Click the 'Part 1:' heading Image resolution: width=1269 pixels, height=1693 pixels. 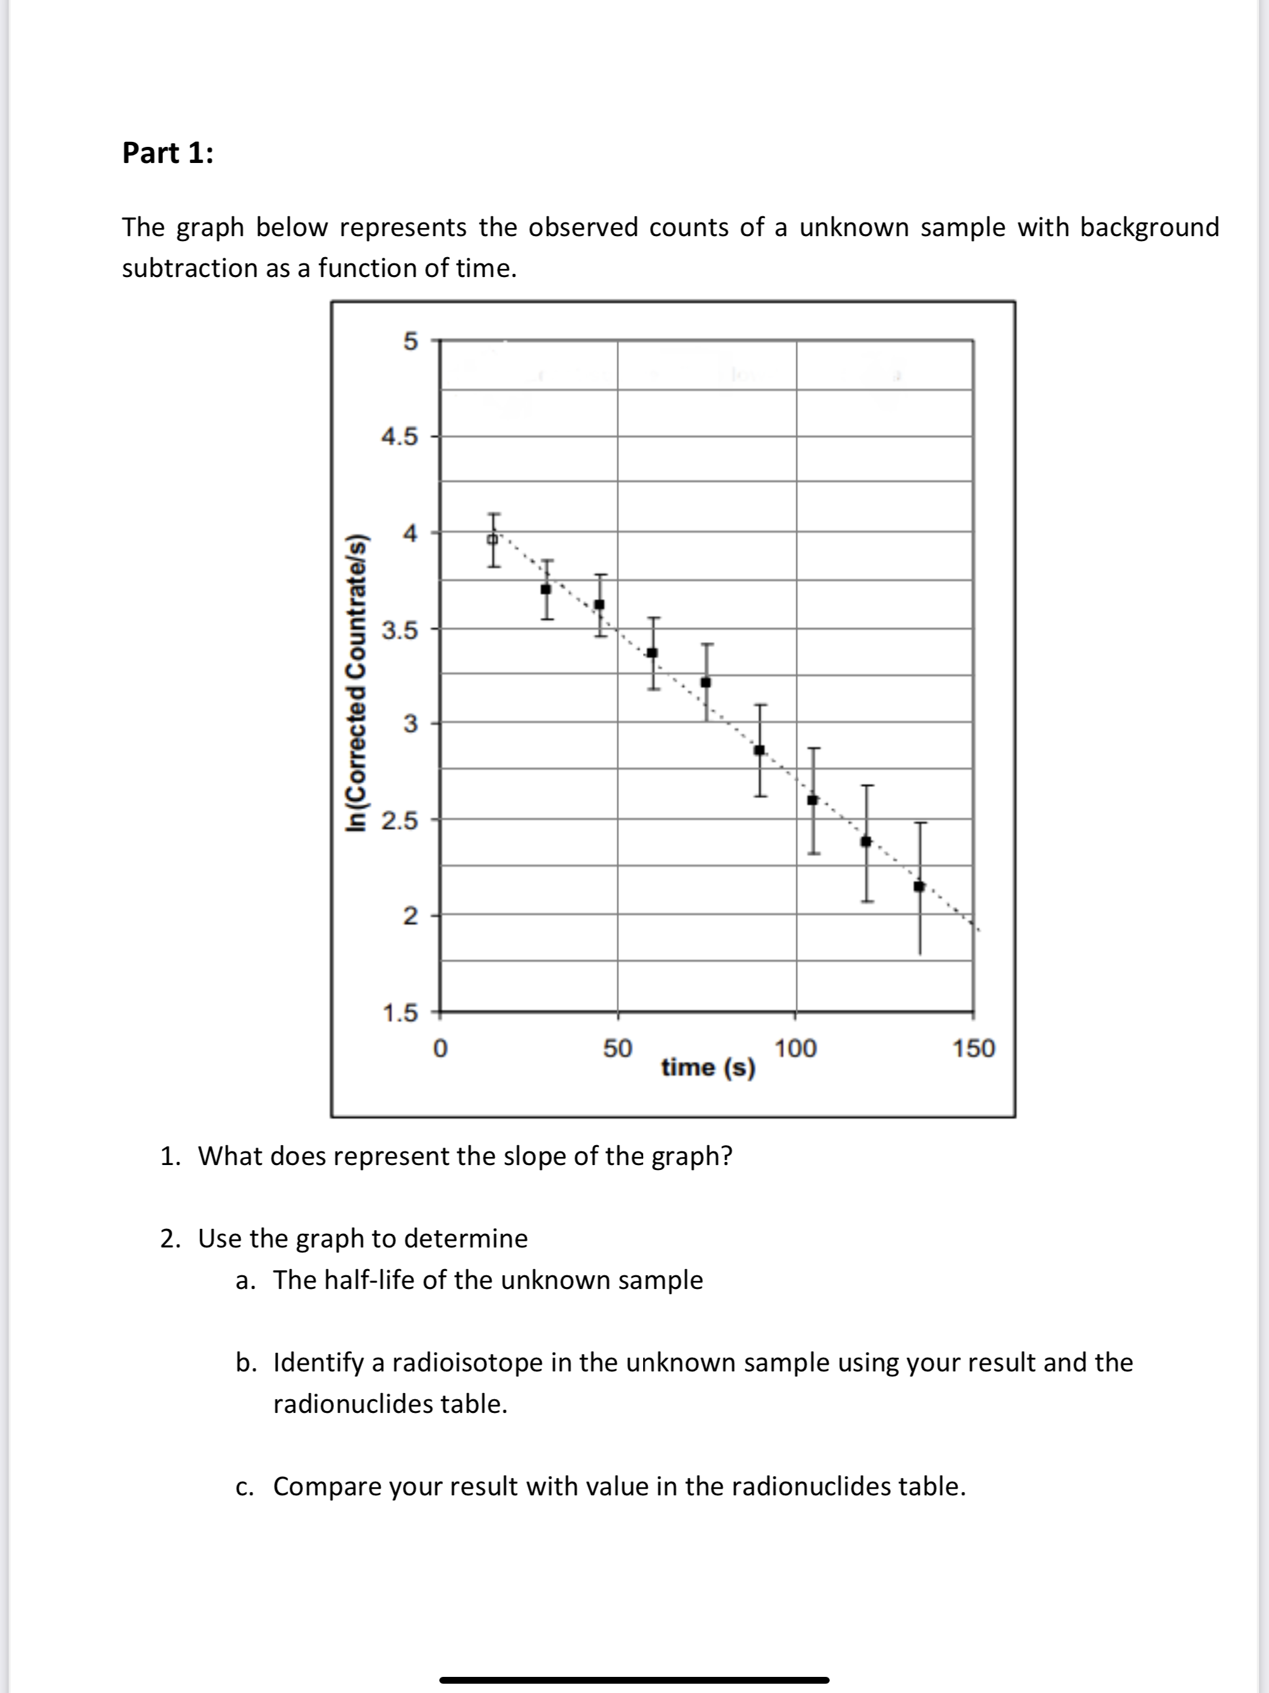tap(168, 153)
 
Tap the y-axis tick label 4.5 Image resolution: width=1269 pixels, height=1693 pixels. tap(400, 437)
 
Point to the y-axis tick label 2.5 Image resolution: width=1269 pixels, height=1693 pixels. tap(400, 821)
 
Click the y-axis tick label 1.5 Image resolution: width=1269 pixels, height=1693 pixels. tap(400, 1013)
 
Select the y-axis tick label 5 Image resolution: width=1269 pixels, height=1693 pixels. tap(410, 341)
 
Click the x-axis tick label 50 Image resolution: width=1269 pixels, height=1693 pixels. tap(617, 1048)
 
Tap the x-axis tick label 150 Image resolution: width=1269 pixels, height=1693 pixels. tap(973, 1048)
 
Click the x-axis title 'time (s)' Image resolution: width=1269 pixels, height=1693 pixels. tap(708, 1067)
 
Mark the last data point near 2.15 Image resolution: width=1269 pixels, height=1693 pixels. tap(920, 886)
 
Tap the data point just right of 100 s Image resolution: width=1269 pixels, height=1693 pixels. tap(813, 800)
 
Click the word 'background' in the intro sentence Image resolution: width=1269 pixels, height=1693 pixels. tap(1149, 227)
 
